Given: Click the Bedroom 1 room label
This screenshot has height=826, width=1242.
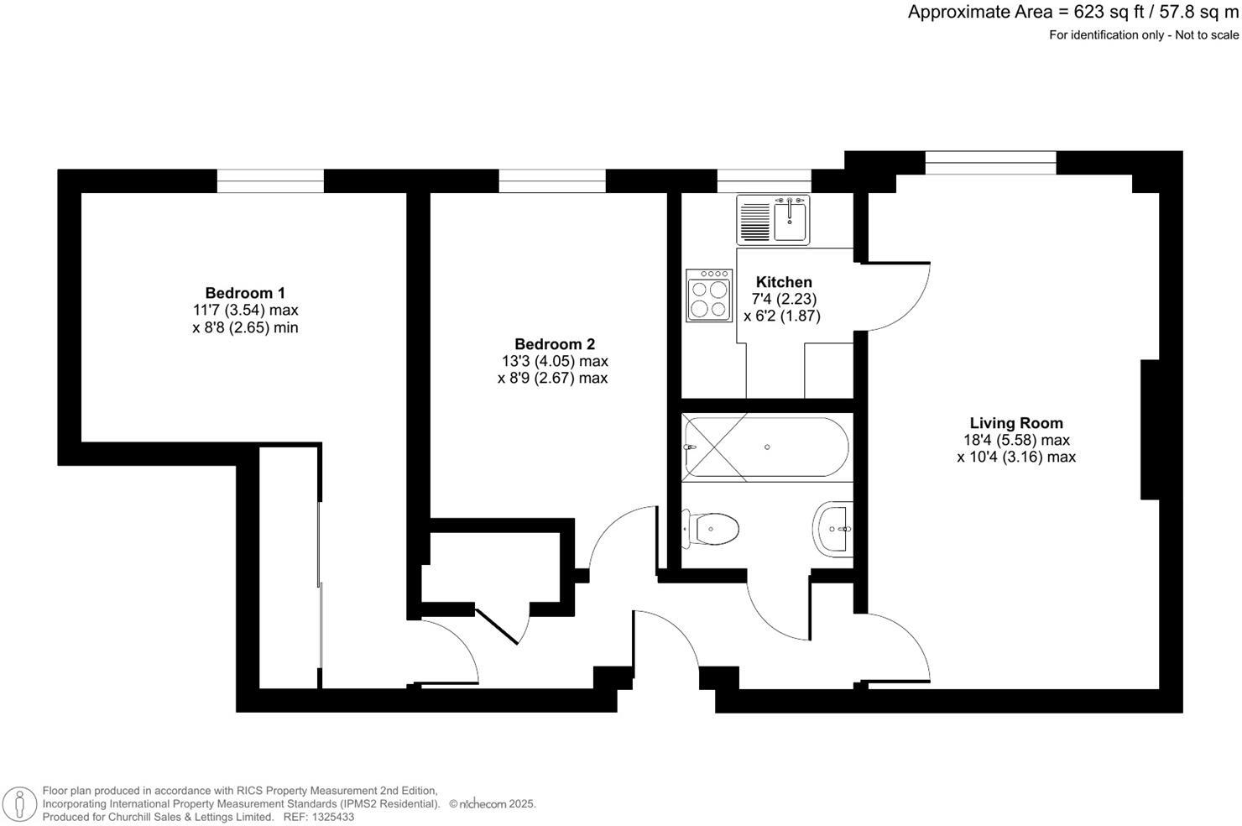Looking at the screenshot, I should pyautogui.click(x=245, y=293).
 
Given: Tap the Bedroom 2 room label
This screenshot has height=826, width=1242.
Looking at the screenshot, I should pyautogui.click(x=554, y=344).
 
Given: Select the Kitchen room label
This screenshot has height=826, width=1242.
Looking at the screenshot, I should pyautogui.click(x=784, y=282).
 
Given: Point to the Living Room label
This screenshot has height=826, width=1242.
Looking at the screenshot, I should pyautogui.click(x=1015, y=423).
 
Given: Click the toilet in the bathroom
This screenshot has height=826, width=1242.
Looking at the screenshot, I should pyautogui.click(x=711, y=529).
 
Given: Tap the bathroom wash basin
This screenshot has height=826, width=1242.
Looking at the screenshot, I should pyautogui.click(x=833, y=529).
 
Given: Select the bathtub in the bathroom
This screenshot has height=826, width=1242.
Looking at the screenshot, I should pyautogui.click(x=766, y=447).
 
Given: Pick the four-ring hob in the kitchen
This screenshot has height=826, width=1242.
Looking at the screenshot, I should pyautogui.click(x=708, y=295).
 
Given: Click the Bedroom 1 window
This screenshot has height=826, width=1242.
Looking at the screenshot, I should pyautogui.click(x=270, y=180).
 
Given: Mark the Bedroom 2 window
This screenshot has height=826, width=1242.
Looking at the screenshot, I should pyautogui.click(x=552, y=180).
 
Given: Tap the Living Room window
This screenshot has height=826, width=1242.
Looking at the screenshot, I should pyautogui.click(x=990, y=162).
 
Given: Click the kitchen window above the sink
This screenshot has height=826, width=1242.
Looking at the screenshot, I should pyautogui.click(x=764, y=180).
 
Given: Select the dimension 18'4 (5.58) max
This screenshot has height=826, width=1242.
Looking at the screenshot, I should pyautogui.click(x=1015, y=440).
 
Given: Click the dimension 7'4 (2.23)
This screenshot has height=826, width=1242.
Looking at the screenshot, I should pyautogui.click(x=784, y=299).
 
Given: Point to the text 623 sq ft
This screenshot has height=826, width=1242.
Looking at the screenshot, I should pyautogui.click(x=1092, y=13).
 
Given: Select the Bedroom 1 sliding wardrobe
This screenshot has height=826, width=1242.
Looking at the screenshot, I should pyautogui.click(x=290, y=567).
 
